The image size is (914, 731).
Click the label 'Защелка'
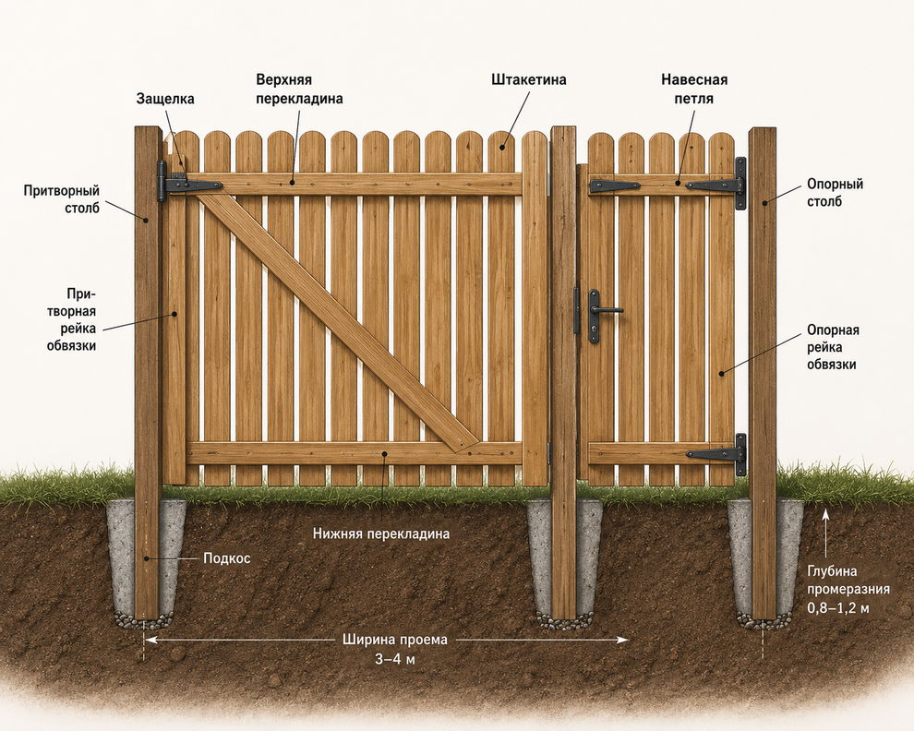click(x=165, y=99)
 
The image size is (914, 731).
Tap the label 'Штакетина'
click(x=529, y=79)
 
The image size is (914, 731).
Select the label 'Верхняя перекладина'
click(x=300, y=90)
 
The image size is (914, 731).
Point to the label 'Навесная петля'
click(x=694, y=90)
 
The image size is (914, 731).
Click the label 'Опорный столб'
click(x=835, y=193)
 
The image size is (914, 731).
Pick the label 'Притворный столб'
click(x=62, y=199)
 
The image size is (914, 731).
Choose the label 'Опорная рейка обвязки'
click(x=833, y=347)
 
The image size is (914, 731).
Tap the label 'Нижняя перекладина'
click(x=381, y=533)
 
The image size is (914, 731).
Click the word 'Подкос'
click(x=227, y=558)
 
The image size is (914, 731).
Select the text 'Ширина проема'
click(x=395, y=640)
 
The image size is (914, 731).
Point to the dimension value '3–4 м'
click(x=395, y=659)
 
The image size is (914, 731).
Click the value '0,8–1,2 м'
click(x=838, y=608)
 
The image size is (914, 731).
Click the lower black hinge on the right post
click(x=716, y=454)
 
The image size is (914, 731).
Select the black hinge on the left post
click(x=187, y=183)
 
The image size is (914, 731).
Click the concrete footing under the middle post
click(x=564, y=561)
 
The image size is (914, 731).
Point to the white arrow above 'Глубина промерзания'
click(x=825, y=533)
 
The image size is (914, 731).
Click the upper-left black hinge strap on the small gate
click(x=614, y=186)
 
